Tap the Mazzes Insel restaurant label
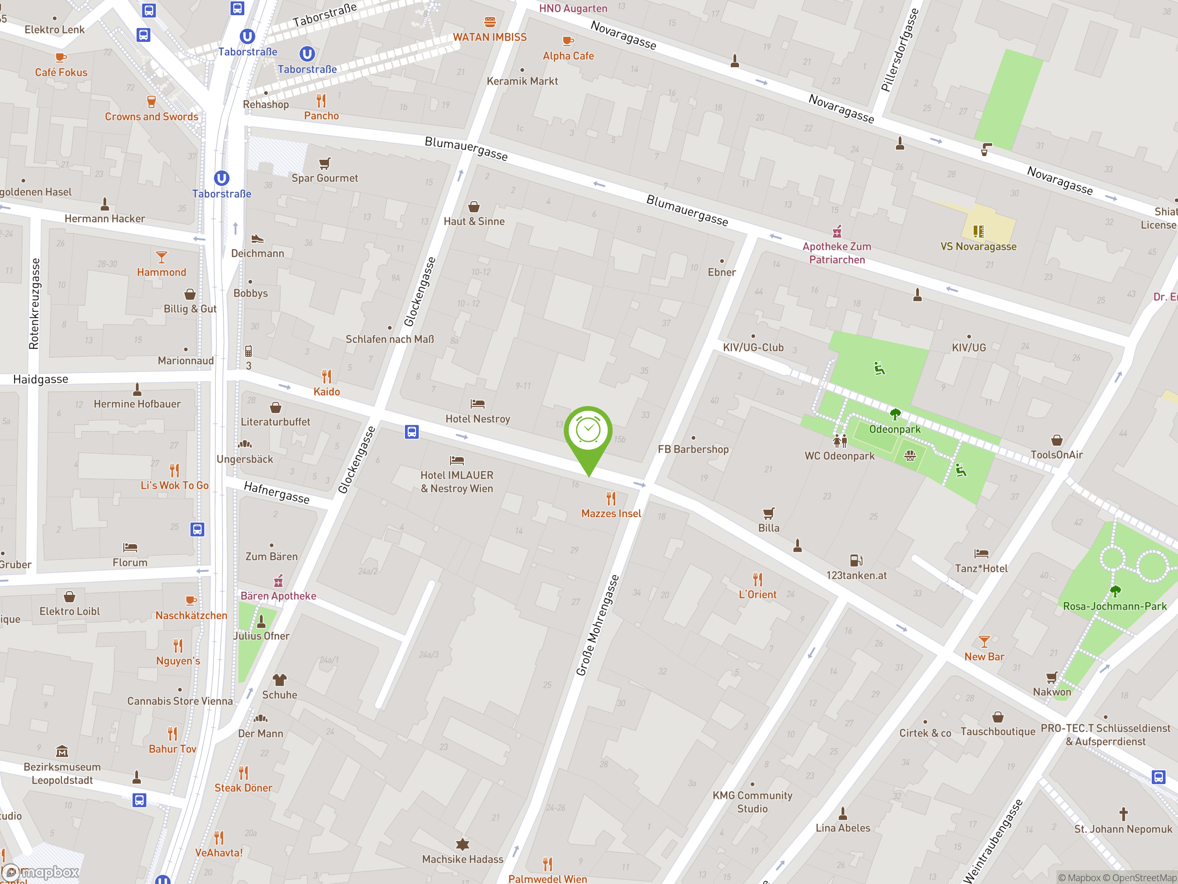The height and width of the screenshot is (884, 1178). pyautogui.click(x=611, y=513)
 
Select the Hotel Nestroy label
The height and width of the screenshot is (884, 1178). pyautogui.click(x=477, y=419)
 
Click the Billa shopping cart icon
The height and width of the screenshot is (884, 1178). pyautogui.click(x=768, y=513)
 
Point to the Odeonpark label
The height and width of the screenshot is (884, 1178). pyautogui.click(x=895, y=429)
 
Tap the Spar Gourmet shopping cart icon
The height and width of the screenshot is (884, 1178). pyautogui.click(x=324, y=163)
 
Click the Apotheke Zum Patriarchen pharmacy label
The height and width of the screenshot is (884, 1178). pyautogui.click(x=837, y=253)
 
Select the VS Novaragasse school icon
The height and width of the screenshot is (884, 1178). pyautogui.click(x=978, y=231)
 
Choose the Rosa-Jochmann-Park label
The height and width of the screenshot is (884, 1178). pyautogui.click(x=1114, y=606)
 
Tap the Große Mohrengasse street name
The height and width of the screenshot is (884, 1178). pyautogui.click(x=598, y=625)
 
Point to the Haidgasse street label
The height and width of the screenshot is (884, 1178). pyautogui.click(x=40, y=379)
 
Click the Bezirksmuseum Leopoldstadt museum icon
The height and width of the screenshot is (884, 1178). pyautogui.click(x=62, y=751)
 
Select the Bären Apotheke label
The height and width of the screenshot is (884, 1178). pyautogui.click(x=278, y=596)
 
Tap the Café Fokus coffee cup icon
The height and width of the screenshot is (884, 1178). pyautogui.click(x=61, y=57)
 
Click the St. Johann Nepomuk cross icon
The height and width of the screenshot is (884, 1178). pyautogui.click(x=1123, y=814)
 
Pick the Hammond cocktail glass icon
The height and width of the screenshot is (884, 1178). pyautogui.click(x=162, y=257)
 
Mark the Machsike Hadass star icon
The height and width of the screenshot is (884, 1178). pyautogui.click(x=462, y=844)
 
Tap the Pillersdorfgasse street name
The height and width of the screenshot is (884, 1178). pyautogui.click(x=900, y=50)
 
